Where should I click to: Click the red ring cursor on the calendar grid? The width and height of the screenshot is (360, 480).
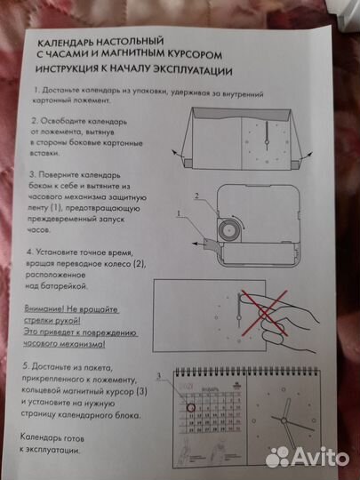tap(188, 410)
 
